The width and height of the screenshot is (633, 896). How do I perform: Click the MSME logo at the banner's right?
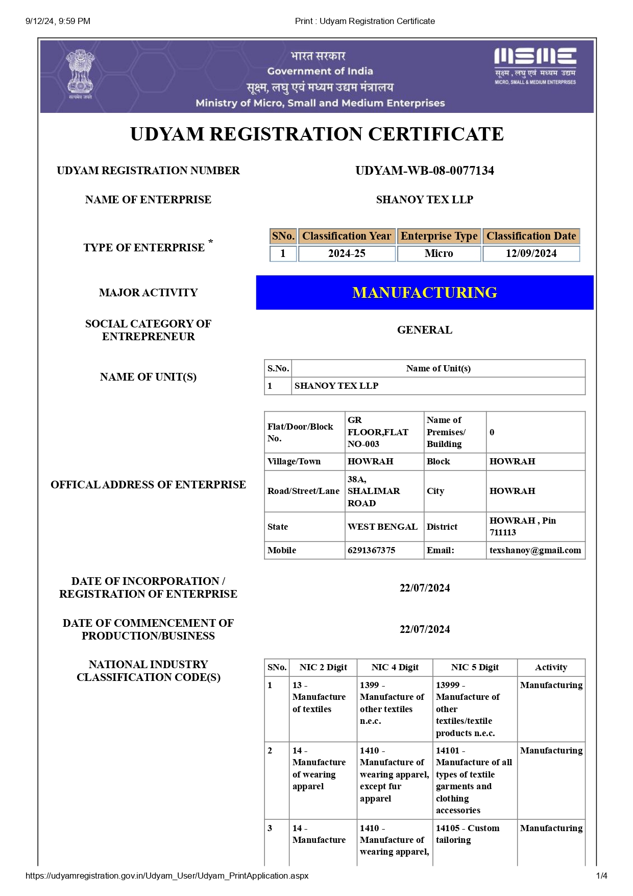click(535, 66)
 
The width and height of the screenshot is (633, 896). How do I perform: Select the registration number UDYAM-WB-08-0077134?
click(424, 171)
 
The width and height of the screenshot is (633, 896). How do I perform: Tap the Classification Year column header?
click(347, 236)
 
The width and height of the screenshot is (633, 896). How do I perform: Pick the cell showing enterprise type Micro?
click(439, 253)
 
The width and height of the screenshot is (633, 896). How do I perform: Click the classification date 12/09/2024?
click(531, 253)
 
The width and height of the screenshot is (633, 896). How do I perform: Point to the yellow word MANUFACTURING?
click(424, 293)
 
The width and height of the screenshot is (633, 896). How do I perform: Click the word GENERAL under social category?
click(424, 330)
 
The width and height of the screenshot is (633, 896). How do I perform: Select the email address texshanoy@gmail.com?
click(535, 550)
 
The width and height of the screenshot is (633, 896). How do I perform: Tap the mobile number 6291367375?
click(371, 550)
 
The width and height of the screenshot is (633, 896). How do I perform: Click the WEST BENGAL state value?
click(382, 527)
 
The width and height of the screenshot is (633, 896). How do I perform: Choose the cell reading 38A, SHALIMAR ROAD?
click(373, 491)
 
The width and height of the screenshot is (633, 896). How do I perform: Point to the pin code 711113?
click(503, 532)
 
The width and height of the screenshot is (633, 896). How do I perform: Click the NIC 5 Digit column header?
click(475, 667)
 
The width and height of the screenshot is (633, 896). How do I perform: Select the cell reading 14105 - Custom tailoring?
click(467, 834)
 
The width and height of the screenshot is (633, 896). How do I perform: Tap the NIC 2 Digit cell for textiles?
click(319, 697)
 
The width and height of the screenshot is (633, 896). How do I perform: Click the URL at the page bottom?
click(167, 876)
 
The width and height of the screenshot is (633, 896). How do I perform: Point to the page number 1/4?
click(601, 876)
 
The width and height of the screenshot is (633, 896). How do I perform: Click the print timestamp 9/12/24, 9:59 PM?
click(58, 21)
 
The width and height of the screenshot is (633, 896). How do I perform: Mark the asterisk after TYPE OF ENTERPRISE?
click(210, 241)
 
